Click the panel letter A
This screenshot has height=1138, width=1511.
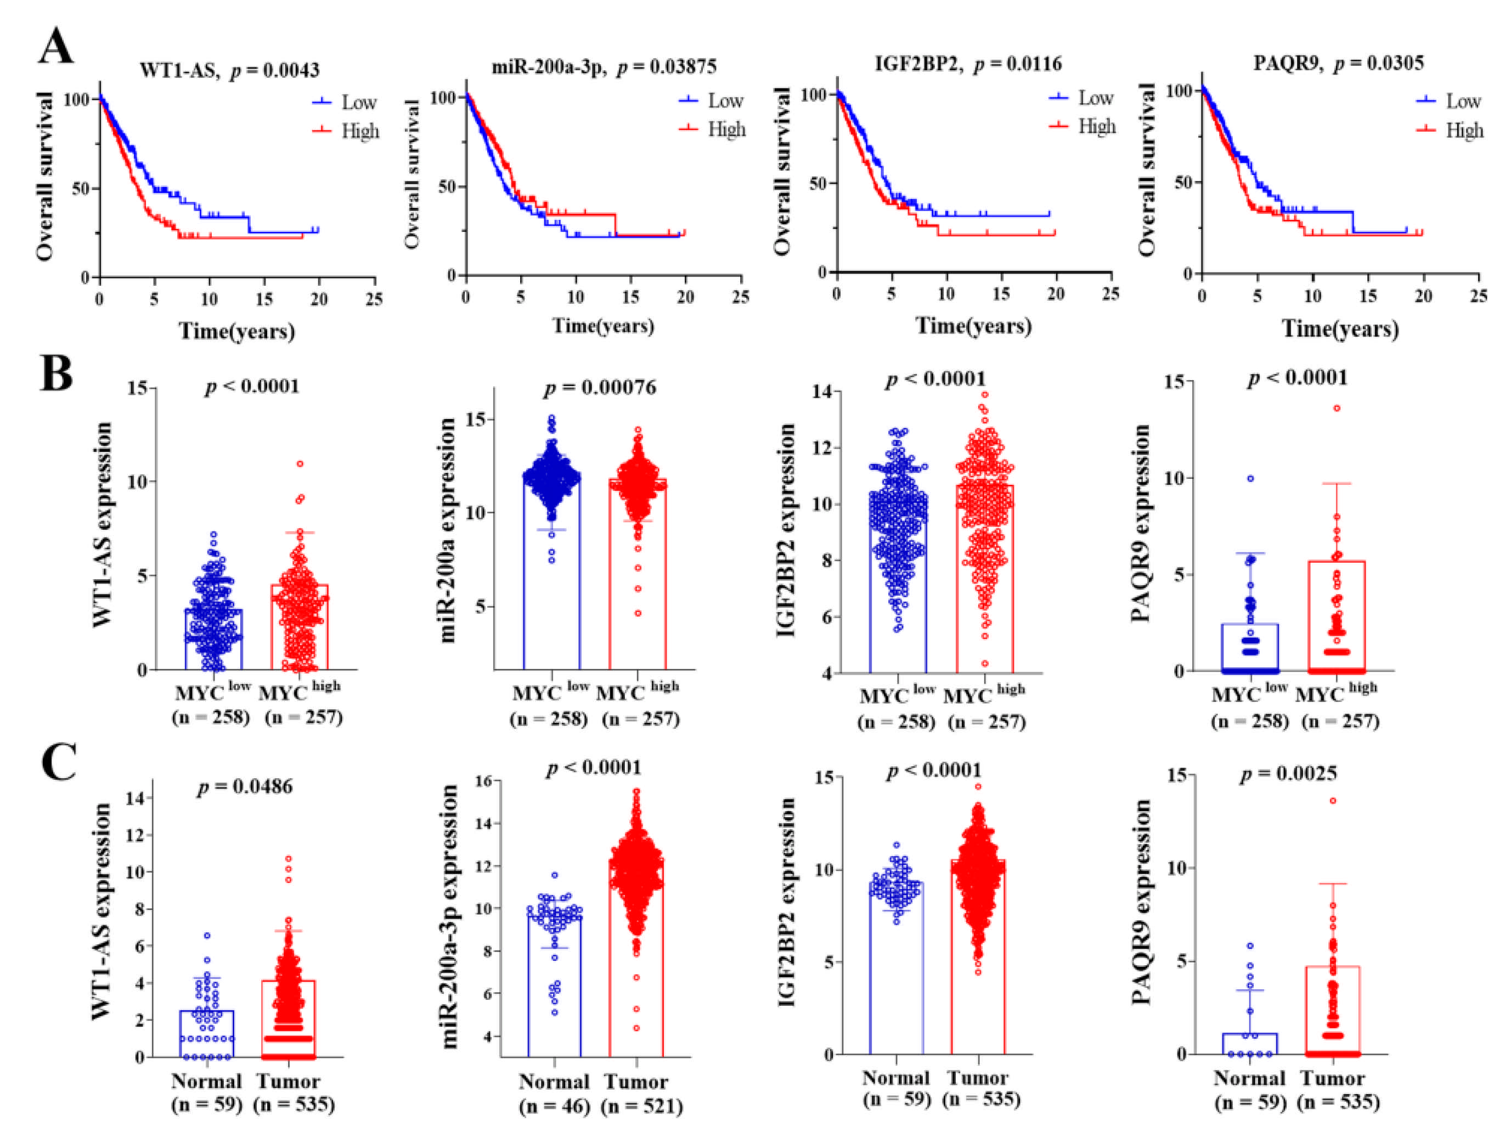point(56,47)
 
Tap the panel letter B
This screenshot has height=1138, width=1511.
point(56,373)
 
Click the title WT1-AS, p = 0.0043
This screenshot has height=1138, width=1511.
point(229,70)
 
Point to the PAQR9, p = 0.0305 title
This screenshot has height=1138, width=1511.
point(1338,64)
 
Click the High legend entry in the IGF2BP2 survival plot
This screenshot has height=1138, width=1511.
point(1096,126)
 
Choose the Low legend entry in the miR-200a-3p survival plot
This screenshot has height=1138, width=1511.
point(725,100)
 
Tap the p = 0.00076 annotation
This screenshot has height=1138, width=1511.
point(600,388)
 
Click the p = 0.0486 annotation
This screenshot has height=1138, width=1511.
point(245,786)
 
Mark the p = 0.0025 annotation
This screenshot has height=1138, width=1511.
point(1288,773)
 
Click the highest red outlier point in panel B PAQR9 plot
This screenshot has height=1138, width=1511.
point(1337,408)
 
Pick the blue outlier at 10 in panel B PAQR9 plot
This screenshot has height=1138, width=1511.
point(1250,479)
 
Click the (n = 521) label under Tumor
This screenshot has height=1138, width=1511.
point(642,1106)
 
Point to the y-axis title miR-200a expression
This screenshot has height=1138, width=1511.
point(447,529)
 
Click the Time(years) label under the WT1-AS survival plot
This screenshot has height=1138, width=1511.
point(236,331)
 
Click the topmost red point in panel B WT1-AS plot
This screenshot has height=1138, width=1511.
point(300,464)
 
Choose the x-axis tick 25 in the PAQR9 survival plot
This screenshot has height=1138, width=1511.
point(1478,296)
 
